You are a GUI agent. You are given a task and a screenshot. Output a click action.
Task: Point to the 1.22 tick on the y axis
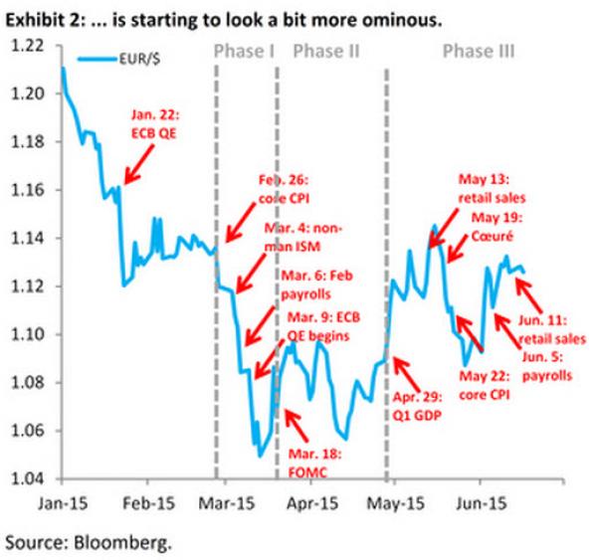coord(31,46)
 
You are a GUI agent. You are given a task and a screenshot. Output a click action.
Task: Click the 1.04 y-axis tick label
coord(31,478)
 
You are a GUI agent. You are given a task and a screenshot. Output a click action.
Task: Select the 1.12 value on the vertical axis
coord(31,286)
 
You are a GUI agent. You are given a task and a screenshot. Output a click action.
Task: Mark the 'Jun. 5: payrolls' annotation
coord(547,368)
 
